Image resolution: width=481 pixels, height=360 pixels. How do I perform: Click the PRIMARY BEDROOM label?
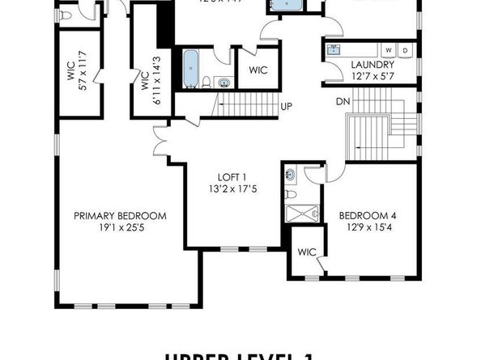coord(120,216)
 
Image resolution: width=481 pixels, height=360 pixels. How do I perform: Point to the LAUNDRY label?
coord(372,65)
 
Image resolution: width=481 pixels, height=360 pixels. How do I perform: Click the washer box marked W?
coord(389,50)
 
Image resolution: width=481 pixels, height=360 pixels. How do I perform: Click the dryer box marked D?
coord(406,50)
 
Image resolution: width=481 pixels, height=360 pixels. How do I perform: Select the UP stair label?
coord(287,106)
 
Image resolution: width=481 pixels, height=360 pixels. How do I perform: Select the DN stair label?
coord(344,102)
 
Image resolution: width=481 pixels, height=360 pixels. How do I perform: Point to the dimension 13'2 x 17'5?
coord(232,190)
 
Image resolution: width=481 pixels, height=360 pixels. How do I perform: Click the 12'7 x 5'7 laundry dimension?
coord(372,76)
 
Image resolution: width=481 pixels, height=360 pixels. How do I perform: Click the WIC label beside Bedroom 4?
coord(306,252)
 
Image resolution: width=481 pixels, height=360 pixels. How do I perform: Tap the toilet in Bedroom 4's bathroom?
coord(292,193)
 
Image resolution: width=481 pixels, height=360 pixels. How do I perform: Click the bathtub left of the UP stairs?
coord(192,69)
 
